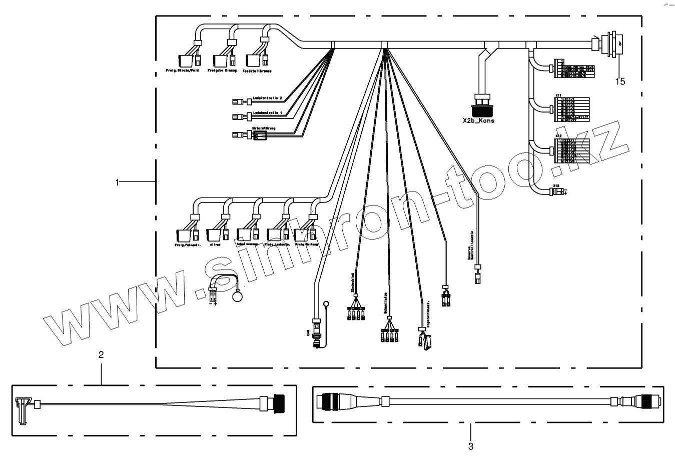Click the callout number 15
coord(620,81)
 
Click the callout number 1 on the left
coord(118,182)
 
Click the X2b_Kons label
coord(479,120)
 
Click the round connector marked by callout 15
coord(613,43)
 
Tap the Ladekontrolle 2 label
coord(267,97)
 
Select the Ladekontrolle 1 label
coord(267,112)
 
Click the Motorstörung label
coord(264,128)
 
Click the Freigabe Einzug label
coord(222,71)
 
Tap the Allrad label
coord(215,245)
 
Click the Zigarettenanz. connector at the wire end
coord(425,341)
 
